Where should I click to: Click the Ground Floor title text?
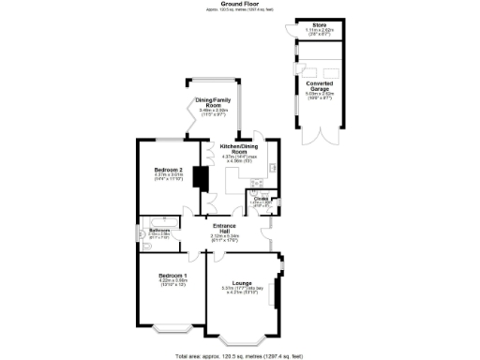coord(240,4)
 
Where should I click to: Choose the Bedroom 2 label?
coord(170,169)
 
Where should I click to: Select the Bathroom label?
coord(158,229)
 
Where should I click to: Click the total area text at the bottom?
coord(240,356)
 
